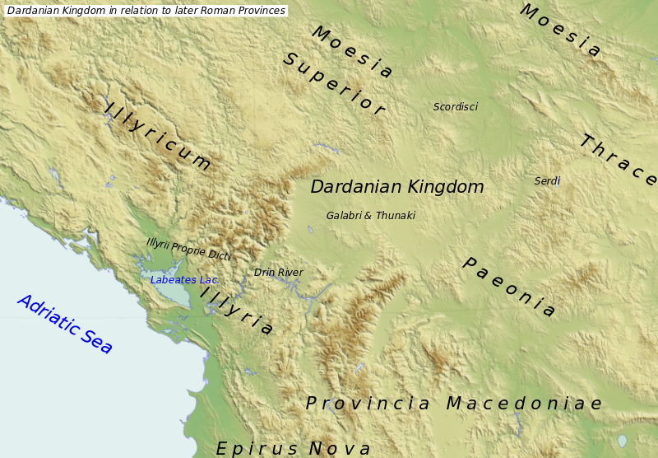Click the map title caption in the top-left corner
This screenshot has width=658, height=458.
click(146, 11)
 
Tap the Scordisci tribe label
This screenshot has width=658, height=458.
click(455, 107)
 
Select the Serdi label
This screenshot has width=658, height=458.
click(547, 181)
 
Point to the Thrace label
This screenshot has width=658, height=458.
click(617, 160)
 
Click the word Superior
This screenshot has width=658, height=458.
click(333, 85)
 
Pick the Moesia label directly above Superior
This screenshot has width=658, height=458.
click(352, 52)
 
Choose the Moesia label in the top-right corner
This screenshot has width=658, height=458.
click(560, 31)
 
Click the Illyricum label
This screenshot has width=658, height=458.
click(158, 135)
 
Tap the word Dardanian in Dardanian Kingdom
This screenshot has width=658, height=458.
click(355, 187)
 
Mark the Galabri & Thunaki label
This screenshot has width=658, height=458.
click(370, 216)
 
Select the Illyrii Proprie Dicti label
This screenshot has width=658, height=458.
click(188, 249)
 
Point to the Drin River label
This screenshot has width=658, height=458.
click(278, 273)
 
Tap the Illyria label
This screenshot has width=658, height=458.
click(237, 312)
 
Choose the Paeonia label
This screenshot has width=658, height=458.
click(509, 287)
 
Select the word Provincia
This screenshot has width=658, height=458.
click(368, 404)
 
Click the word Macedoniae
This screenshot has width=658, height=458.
click(524, 404)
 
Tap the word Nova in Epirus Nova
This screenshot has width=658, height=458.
click(340, 449)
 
